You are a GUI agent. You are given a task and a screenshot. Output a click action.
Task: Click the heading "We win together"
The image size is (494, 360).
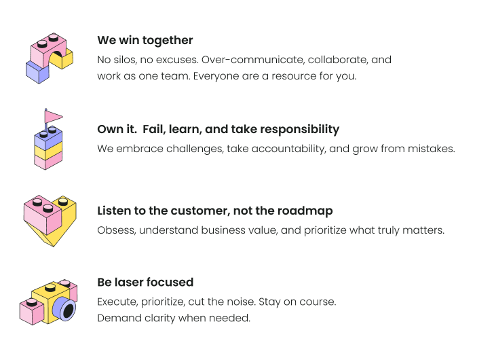[x=145, y=40]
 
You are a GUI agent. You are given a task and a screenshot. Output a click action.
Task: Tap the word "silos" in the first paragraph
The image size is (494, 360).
[x=124, y=60]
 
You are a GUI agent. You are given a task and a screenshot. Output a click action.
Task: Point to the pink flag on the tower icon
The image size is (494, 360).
[x=54, y=117]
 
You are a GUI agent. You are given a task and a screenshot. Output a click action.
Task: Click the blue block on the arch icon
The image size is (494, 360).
[x=37, y=72]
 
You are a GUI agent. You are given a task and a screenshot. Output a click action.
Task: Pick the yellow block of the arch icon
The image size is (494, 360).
[x=64, y=59]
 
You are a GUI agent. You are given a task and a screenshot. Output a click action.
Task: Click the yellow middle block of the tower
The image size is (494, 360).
[x=48, y=151]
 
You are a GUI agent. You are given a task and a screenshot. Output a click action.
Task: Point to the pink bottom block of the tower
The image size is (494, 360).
[x=48, y=162]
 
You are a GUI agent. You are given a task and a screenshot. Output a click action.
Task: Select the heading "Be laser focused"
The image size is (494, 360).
[x=145, y=282]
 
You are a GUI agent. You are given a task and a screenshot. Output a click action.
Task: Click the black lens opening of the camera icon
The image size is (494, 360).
[x=69, y=310]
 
